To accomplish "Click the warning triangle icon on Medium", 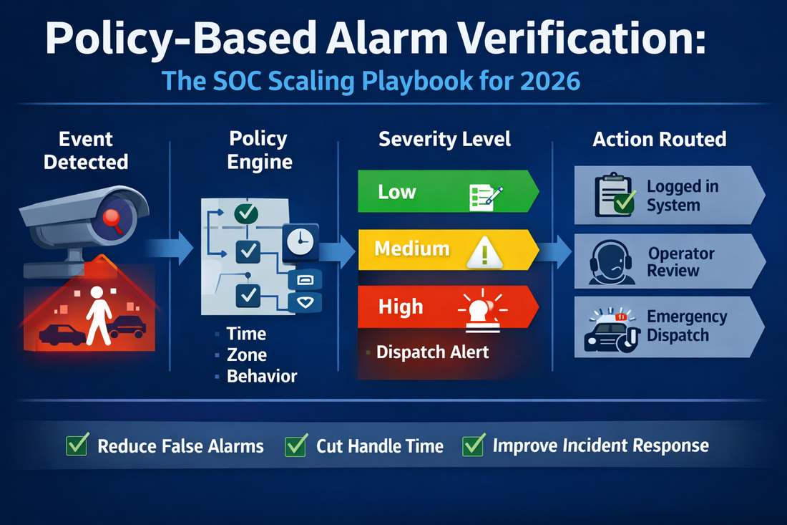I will [x=487, y=252].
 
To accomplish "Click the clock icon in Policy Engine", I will [x=300, y=241].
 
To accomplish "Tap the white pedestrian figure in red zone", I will [x=99, y=315].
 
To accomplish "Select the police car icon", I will [x=610, y=331].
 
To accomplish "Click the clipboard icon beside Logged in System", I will [x=613, y=196].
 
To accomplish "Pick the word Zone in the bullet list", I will [x=246, y=355].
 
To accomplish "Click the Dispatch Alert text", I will [x=432, y=352].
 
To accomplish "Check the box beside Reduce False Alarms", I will [x=77, y=445].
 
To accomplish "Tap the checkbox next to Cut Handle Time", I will [x=295, y=445].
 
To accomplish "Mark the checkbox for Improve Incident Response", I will [x=472, y=445].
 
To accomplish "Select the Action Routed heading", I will [x=659, y=139].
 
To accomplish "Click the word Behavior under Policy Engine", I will [x=262, y=375].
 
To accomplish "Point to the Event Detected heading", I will [x=87, y=150].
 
